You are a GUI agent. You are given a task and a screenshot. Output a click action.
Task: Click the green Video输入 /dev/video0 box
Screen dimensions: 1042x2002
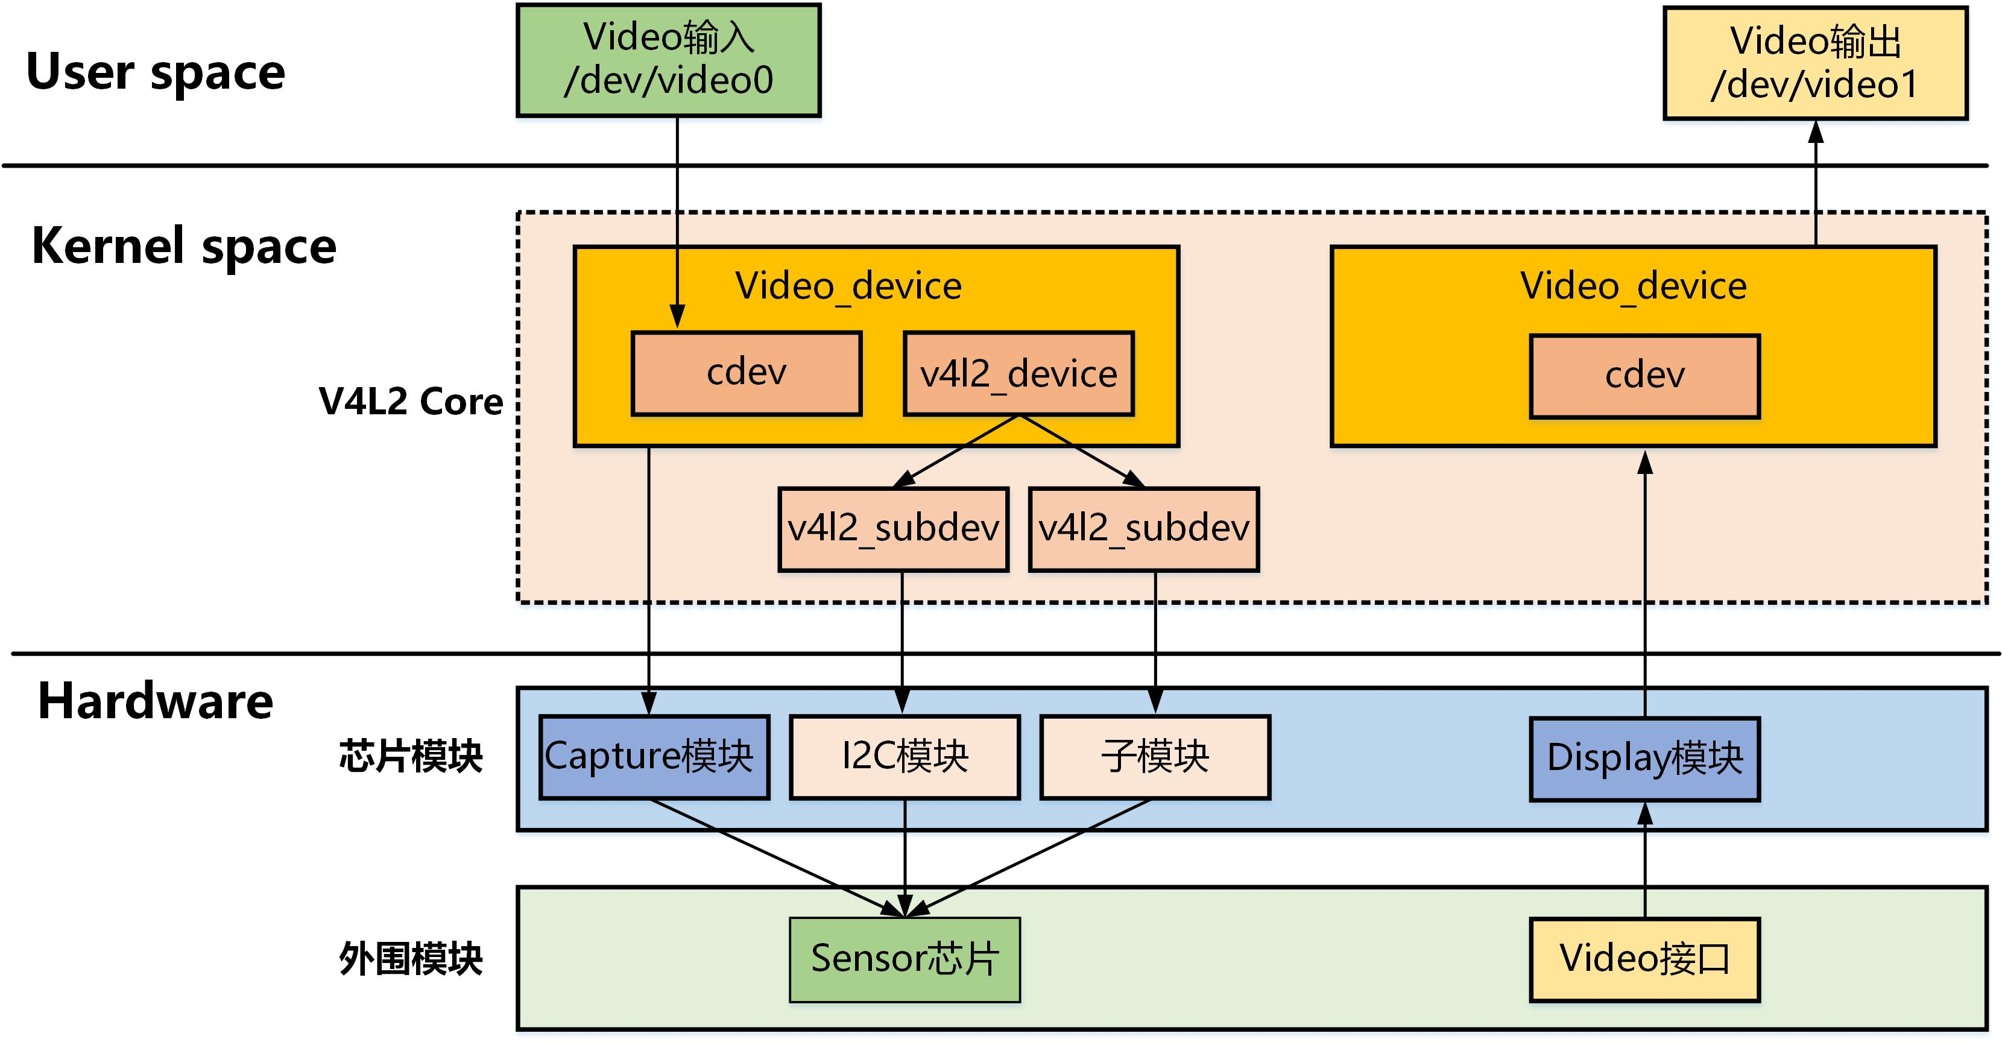(x=668, y=60)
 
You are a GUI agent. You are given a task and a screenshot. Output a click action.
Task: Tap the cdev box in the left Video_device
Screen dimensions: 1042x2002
(x=746, y=374)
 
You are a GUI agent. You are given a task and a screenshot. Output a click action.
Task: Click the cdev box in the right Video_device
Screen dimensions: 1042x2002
(x=1644, y=377)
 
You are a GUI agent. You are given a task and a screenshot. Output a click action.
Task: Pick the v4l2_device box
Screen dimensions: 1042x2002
(x=1018, y=374)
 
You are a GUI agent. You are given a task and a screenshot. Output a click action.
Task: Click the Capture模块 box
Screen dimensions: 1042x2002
(x=654, y=757)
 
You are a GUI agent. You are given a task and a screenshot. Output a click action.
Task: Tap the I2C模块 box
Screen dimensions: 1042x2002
(x=905, y=757)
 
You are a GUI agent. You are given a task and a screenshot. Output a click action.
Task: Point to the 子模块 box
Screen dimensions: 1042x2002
(x=1155, y=757)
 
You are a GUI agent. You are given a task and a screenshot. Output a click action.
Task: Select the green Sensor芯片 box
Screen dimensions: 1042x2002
(x=905, y=959)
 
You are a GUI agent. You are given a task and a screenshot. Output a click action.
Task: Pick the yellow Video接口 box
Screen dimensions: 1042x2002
(x=1644, y=959)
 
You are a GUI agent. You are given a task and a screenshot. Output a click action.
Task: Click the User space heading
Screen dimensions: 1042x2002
(x=156, y=72)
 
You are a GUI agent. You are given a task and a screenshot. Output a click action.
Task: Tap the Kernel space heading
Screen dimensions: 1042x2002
(x=183, y=246)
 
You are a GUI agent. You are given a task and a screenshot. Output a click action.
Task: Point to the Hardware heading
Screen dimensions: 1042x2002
(x=156, y=701)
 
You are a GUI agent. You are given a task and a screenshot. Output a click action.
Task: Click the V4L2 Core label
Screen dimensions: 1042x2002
(x=410, y=402)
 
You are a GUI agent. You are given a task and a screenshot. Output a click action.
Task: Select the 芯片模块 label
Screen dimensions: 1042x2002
(x=410, y=756)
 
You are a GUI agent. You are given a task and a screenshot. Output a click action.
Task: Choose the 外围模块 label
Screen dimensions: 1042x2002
(x=410, y=958)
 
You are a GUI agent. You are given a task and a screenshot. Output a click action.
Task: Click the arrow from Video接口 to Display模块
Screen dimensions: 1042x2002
(x=1644, y=862)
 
